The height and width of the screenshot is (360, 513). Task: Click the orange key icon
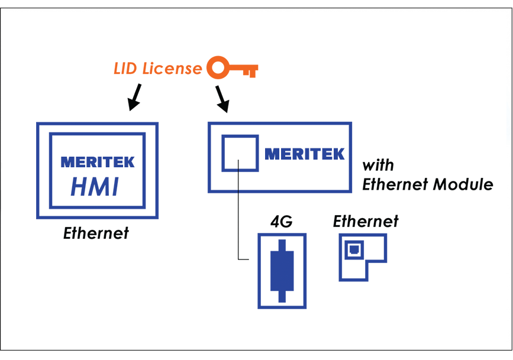pos(233,69)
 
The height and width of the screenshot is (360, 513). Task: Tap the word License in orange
pos(172,69)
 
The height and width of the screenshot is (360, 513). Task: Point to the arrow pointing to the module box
pos(222,99)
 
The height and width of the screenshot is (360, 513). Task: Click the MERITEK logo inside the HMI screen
pos(98,161)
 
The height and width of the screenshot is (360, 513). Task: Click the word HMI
pos(95,186)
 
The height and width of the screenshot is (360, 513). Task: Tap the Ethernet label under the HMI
pos(96,233)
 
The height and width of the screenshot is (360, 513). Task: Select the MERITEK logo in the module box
pos(304,154)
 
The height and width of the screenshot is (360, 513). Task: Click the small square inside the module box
pos(239,153)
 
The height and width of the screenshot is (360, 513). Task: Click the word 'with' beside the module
pos(378,164)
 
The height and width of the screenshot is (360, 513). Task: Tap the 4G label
pos(282,222)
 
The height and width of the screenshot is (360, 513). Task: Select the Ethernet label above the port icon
pos(365,222)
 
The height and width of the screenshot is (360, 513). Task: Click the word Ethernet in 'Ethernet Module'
pos(395,184)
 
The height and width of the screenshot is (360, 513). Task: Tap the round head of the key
pos(218,69)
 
